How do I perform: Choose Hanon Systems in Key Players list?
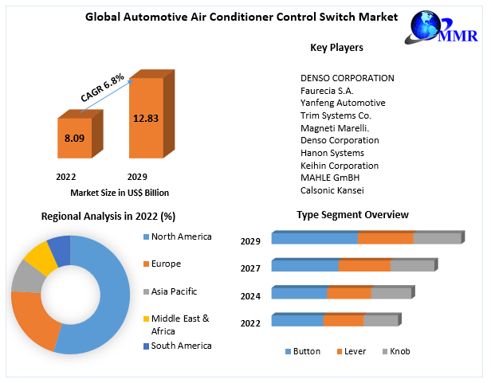click(332, 153)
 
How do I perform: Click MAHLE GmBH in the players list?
click(331, 178)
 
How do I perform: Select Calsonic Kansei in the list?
click(332, 191)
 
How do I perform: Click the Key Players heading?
click(336, 48)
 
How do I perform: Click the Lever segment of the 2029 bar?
click(386, 238)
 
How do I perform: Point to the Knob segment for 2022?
click(379, 321)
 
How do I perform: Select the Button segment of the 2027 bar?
click(305, 266)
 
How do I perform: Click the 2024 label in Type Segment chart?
click(251, 295)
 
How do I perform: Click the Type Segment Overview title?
click(352, 215)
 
